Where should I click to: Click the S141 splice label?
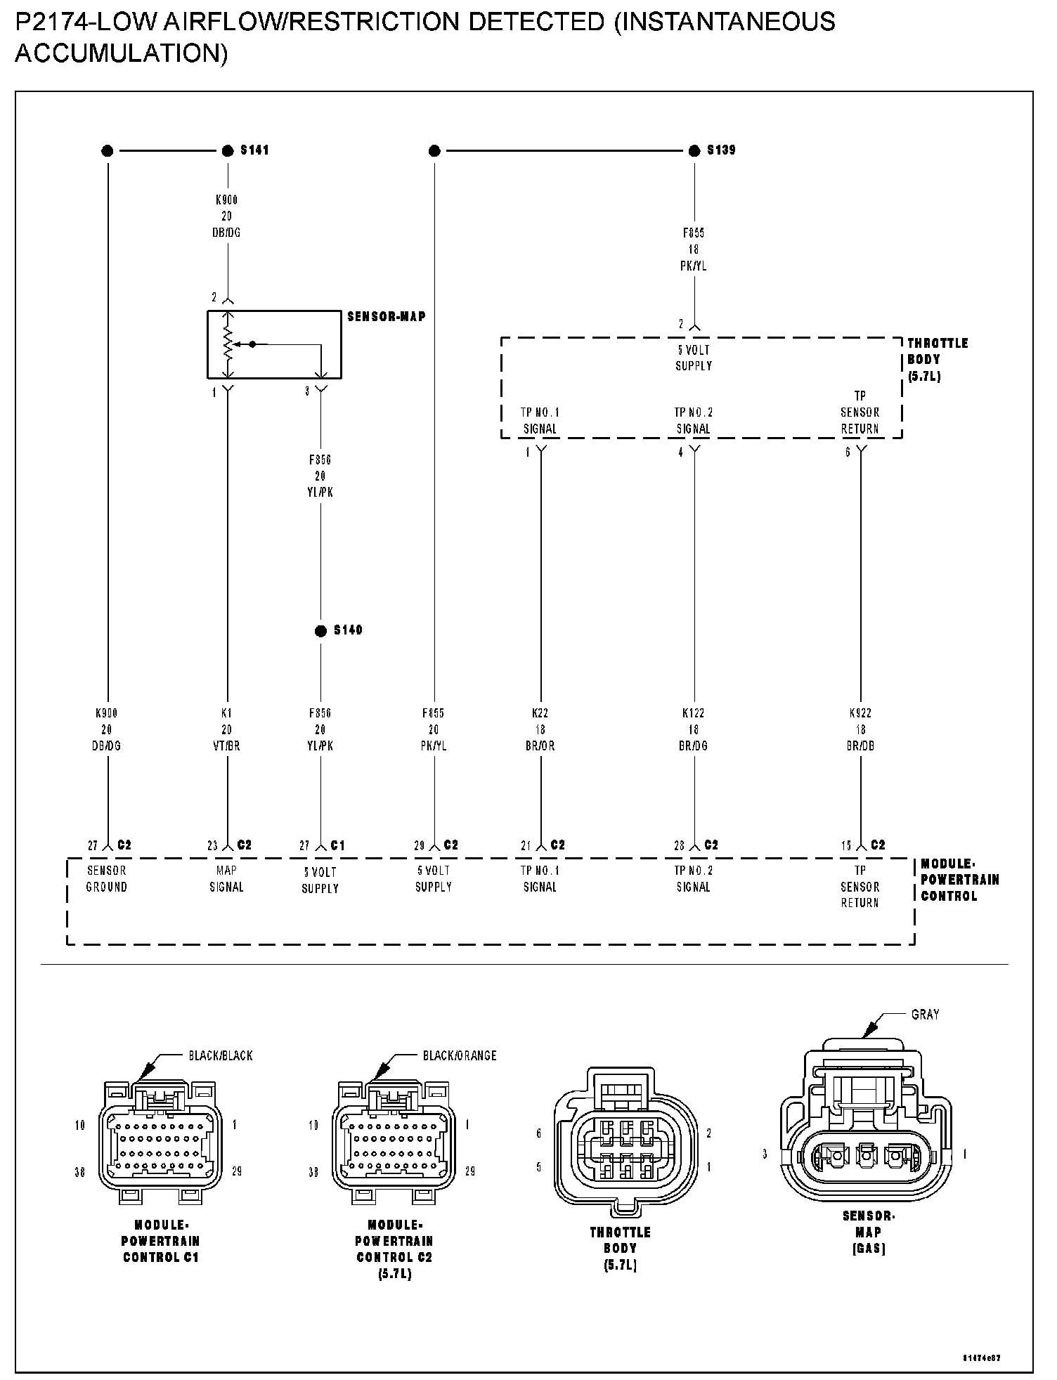(x=254, y=150)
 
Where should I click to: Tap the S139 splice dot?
(x=694, y=150)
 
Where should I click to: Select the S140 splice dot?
(x=320, y=631)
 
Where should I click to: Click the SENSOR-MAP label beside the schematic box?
(x=387, y=317)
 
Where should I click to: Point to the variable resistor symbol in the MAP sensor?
(x=228, y=344)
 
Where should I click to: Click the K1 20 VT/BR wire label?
(x=226, y=729)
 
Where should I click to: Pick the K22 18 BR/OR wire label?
(x=540, y=729)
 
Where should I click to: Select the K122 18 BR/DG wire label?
(x=694, y=729)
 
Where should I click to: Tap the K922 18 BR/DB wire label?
(x=860, y=729)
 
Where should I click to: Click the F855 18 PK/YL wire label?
(x=694, y=249)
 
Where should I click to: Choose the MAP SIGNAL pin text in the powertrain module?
(x=226, y=879)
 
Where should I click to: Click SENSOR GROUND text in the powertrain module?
(x=107, y=879)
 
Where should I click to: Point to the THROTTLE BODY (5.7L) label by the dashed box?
(x=937, y=359)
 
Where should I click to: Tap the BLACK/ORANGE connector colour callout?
(x=460, y=1055)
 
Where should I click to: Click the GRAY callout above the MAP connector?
(x=925, y=1015)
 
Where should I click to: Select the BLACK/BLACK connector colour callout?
(x=220, y=1055)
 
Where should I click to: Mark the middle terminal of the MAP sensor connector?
(x=867, y=1154)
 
